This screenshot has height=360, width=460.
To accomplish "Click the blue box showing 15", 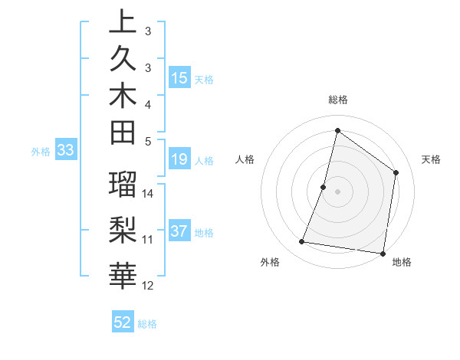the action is click(x=179, y=78).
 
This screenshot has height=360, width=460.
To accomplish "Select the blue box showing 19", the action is click(x=179, y=159).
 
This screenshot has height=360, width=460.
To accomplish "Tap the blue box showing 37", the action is click(x=179, y=232).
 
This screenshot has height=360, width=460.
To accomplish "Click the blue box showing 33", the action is click(x=66, y=151).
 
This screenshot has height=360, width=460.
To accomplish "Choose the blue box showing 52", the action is click(x=123, y=322).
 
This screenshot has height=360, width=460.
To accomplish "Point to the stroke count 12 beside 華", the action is click(x=149, y=286).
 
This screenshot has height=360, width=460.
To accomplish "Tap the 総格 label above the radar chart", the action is click(x=337, y=100).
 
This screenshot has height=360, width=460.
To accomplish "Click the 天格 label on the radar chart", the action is click(x=431, y=159).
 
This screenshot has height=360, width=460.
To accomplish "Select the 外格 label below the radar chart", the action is click(x=270, y=263).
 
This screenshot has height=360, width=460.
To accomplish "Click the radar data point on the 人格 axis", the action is click(x=324, y=187).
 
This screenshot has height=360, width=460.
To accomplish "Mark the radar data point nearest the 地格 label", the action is click(x=383, y=253).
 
